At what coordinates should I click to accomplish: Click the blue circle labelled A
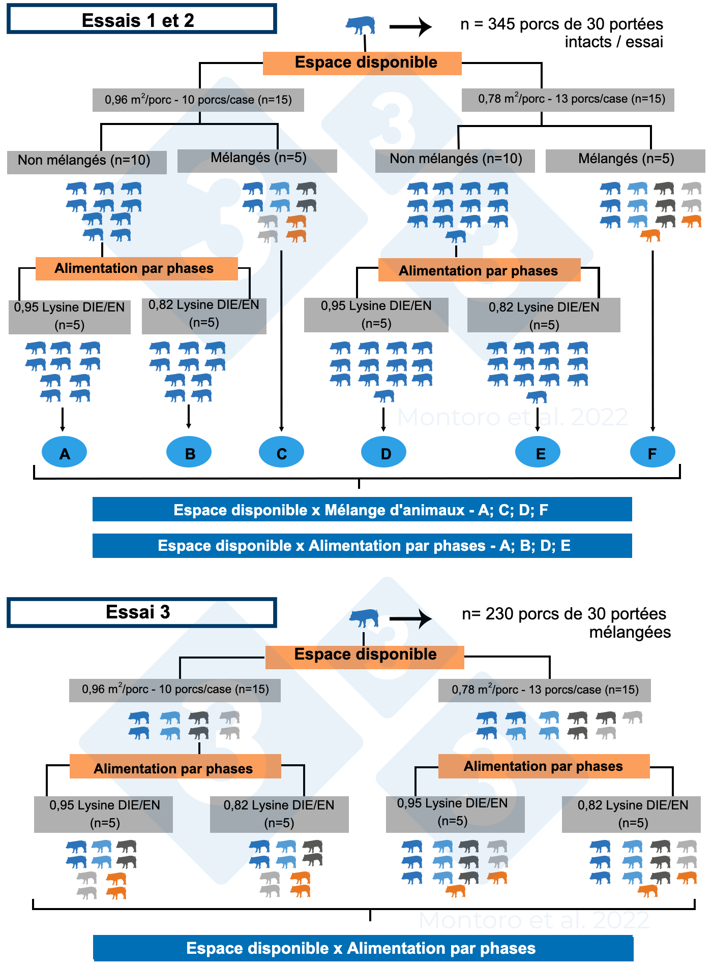pos(64,452)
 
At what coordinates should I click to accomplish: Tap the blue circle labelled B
pos(189,452)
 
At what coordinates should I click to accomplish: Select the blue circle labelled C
pos(281,452)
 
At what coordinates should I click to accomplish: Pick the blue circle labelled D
pos(383,452)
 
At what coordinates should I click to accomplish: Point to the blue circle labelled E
pos(538,452)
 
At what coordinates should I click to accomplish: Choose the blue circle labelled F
pos(652,452)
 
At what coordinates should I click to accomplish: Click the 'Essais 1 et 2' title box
pos(141,19)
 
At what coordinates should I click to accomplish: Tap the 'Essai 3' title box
pos(141,612)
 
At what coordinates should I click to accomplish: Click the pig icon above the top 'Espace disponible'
pos(361,25)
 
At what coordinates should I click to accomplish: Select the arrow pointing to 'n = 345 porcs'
pos(410,26)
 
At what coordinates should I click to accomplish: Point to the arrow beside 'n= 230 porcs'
pos(410,618)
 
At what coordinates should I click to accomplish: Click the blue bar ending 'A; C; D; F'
pos(362,510)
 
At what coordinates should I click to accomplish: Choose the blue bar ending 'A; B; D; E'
pos(362,546)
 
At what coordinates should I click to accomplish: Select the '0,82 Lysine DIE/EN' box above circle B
pos(204,315)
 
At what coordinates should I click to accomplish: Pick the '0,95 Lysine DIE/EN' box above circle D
pos(376,315)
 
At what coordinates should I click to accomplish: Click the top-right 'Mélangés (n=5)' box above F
pos(626,160)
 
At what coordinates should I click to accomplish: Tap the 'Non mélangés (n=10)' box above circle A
pos(86,162)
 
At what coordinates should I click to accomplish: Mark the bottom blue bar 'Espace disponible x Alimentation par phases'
pos(363,948)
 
